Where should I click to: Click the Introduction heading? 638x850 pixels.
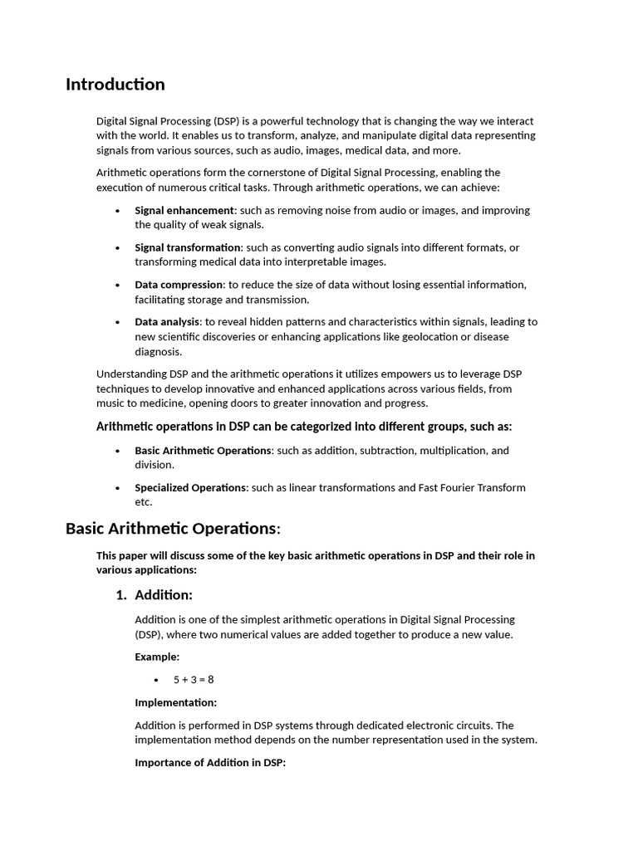pyautogui.click(x=115, y=85)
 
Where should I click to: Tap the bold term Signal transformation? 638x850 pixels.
pyautogui.click(x=188, y=247)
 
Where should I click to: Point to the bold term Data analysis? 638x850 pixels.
pyautogui.click(x=167, y=322)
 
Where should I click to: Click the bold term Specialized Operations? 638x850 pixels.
pyautogui.click(x=190, y=488)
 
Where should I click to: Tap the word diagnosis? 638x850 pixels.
pyautogui.click(x=159, y=352)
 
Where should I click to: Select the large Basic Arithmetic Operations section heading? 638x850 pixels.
pyautogui.click(x=173, y=529)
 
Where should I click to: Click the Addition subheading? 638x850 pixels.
pyautogui.click(x=164, y=595)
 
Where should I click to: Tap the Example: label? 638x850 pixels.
pyautogui.click(x=157, y=657)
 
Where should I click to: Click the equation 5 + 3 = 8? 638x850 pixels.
pyautogui.click(x=194, y=680)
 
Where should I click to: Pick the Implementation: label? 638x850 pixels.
pyautogui.click(x=176, y=703)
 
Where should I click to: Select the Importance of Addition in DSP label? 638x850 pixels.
pyautogui.click(x=210, y=763)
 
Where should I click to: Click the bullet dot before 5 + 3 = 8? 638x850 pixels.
pyautogui.click(x=155, y=681)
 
